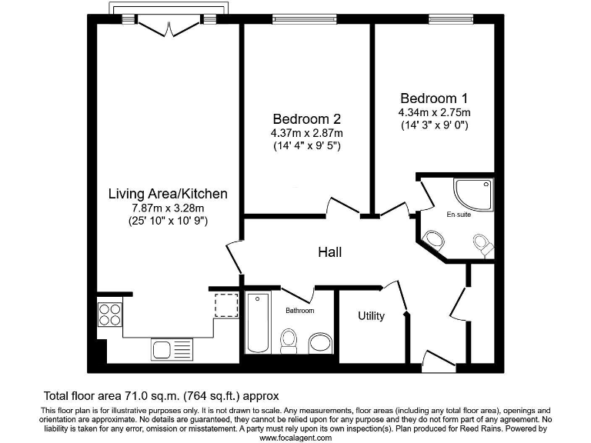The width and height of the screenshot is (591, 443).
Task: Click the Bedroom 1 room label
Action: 433,98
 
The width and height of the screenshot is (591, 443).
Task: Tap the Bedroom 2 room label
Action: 306,119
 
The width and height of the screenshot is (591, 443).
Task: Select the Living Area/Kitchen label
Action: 167,193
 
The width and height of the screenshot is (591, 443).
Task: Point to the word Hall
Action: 329,252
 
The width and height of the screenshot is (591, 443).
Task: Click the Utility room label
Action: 371,316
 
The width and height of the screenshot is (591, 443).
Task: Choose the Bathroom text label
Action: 300,311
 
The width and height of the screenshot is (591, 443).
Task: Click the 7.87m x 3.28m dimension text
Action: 167,207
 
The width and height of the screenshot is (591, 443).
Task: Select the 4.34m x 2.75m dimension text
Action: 433,112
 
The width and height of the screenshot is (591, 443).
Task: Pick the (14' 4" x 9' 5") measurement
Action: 306,147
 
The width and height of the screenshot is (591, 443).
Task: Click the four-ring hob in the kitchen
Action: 109,316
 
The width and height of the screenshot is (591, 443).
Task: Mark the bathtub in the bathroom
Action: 257,323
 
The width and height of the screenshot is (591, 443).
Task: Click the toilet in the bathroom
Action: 289,340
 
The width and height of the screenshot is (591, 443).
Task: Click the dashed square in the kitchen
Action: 225,305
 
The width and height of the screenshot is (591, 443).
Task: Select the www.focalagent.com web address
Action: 295,438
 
